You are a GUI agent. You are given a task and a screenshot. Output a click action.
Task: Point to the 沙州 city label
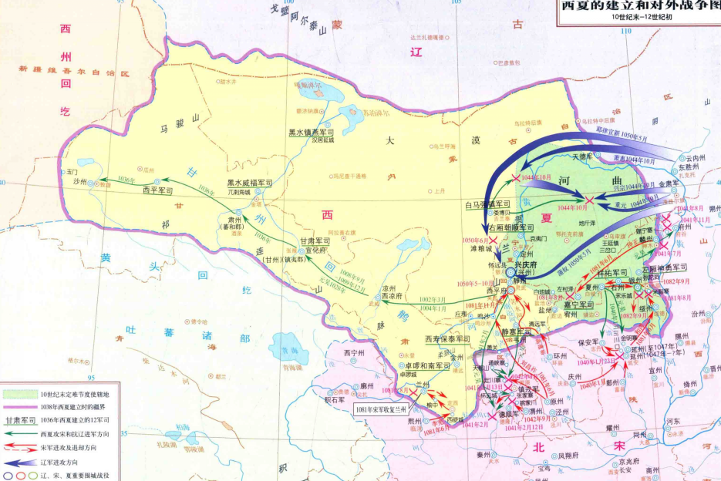click(80, 183)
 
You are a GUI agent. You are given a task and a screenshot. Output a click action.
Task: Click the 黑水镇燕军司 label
click(312, 133)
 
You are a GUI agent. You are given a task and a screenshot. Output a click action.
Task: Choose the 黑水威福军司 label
click(250, 183)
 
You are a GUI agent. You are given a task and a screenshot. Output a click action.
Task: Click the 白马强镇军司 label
click(489, 206)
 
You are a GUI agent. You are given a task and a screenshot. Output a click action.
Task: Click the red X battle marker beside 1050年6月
click(493, 240)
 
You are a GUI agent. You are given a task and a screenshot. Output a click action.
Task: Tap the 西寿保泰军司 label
click(446, 339)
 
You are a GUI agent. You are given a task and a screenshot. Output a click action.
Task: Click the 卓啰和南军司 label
click(423, 366)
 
